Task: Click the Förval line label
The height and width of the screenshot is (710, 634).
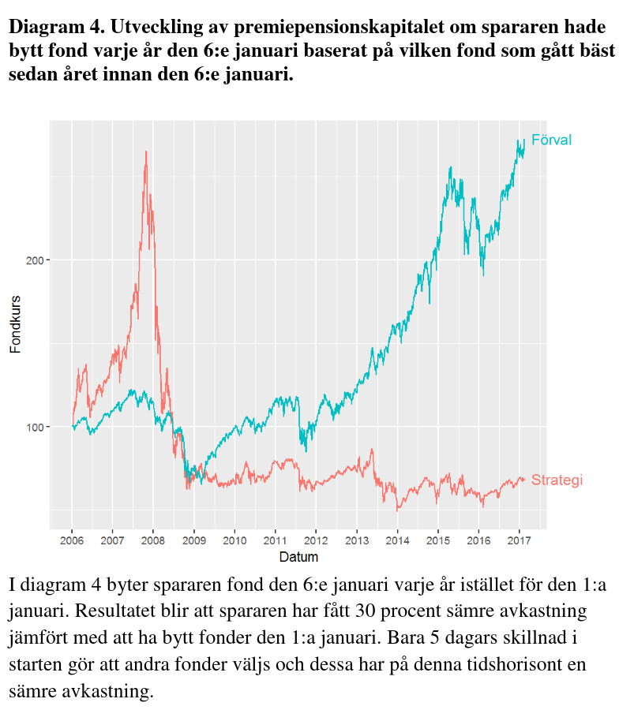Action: (x=551, y=140)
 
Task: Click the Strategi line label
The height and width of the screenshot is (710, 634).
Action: (x=557, y=480)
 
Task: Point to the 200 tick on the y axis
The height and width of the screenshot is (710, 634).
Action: (x=35, y=260)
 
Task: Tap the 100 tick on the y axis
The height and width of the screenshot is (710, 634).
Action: (x=35, y=427)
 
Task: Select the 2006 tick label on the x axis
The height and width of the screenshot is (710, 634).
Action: (x=72, y=541)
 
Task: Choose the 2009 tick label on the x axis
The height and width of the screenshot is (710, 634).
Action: (x=194, y=541)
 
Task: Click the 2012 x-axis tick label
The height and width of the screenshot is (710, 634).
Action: (x=316, y=541)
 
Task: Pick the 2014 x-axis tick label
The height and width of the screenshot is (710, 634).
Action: (x=397, y=541)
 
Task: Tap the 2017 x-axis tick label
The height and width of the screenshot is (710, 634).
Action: (x=520, y=541)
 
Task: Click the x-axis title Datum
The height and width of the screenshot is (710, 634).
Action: (x=298, y=557)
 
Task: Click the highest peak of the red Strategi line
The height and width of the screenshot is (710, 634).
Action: (x=146, y=151)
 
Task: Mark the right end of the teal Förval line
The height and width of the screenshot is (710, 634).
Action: (x=524, y=140)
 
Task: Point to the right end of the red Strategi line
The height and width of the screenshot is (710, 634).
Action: (x=523, y=480)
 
